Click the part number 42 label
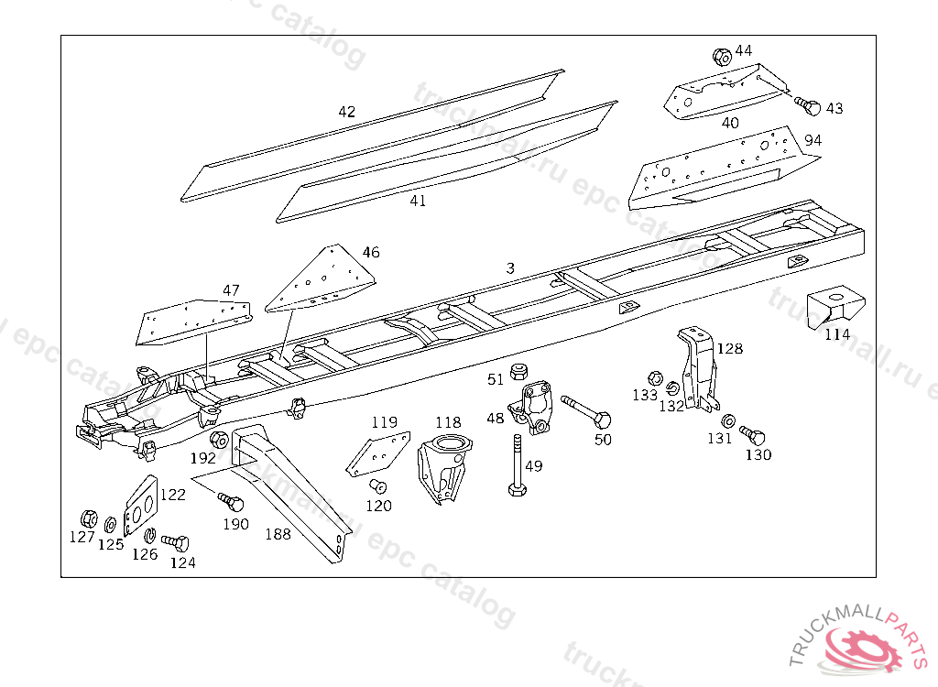coord(346,112)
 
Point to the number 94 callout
coord(813,140)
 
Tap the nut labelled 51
coord(518,372)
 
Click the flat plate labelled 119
coord(377,454)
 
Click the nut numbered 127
coord(89,518)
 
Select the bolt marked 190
coord(232,502)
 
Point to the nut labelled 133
coord(655,377)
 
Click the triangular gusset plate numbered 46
coord(323,280)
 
